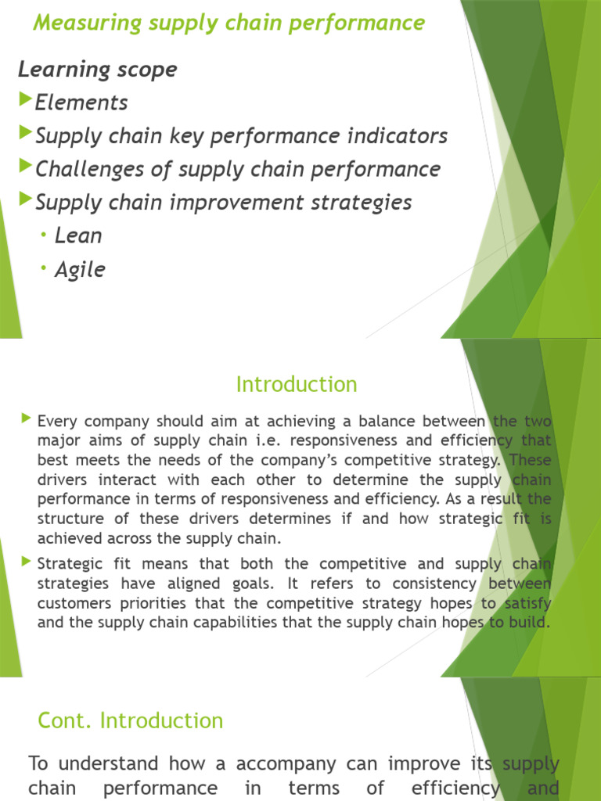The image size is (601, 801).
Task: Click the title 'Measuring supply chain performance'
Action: coord(229,23)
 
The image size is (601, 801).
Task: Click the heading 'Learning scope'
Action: coord(98,69)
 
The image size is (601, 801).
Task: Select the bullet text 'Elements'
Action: coord(81,102)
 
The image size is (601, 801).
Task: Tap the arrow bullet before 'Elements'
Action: coord(26,100)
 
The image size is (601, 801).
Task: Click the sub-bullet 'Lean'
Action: coord(78,235)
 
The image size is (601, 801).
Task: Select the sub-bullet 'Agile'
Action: coord(80,270)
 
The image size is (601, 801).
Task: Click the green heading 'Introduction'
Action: coord(297,385)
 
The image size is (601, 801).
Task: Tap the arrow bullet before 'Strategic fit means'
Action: coord(28,562)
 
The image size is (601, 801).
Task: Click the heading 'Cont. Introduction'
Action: coord(130,720)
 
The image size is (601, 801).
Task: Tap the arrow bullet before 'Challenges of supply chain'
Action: coord(26,167)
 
